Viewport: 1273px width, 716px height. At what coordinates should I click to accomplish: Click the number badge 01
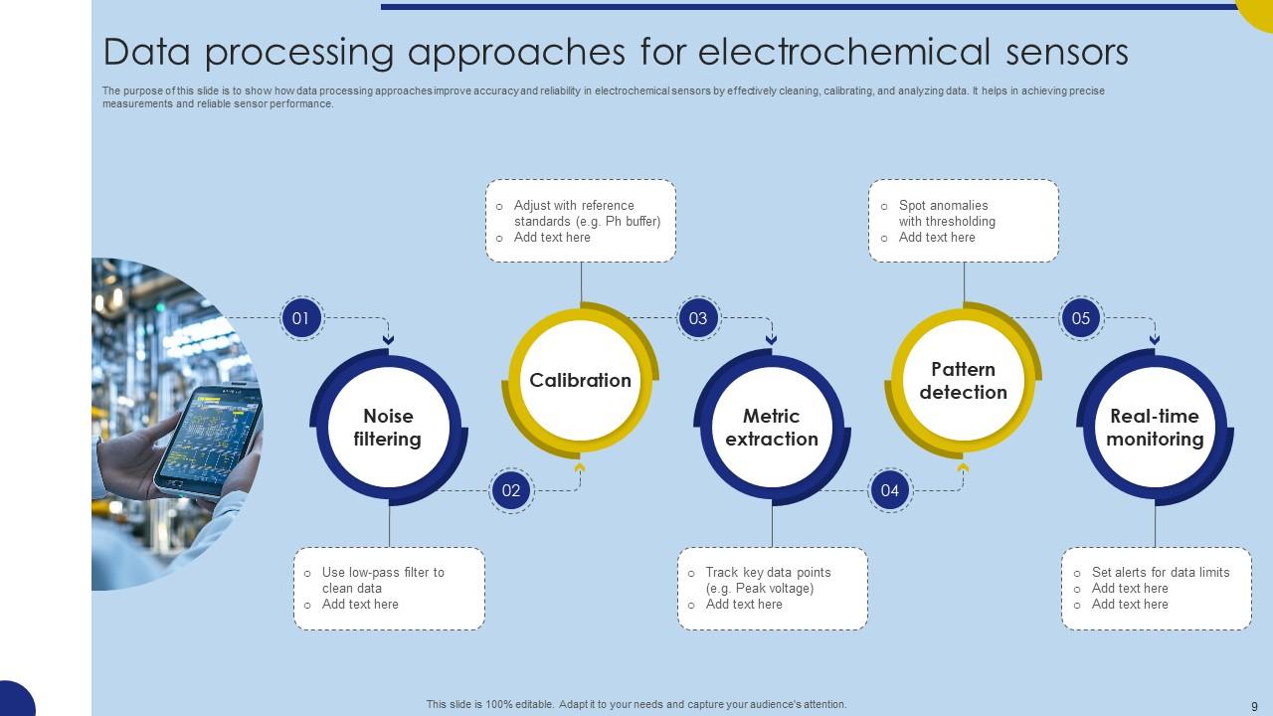click(301, 319)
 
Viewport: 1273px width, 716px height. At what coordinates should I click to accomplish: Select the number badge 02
click(511, 490)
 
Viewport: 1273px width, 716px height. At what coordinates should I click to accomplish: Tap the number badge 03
click(698, 319)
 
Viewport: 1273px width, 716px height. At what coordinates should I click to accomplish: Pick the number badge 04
click(890, 490)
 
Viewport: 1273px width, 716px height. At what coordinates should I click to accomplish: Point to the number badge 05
click(1081, 319)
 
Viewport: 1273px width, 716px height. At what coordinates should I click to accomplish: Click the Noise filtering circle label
click(388, 428)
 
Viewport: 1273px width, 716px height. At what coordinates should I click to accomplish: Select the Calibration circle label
click(580, 380)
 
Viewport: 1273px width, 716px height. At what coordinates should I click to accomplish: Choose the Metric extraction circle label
click(772, 428)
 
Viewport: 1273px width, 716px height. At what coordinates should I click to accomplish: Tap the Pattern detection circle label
click(963, 381)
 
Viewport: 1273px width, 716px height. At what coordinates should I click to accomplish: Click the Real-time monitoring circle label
click(1155, 428)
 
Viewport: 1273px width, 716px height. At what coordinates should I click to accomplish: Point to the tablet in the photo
click(209, 439)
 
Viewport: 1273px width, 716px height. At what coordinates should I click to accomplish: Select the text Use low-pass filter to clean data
click(382, 580)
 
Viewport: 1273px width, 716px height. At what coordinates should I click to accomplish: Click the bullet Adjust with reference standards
click(586, 213)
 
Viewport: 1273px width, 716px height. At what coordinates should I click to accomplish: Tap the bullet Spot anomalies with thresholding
click(946, 213)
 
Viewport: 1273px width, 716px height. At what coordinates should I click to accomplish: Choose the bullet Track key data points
click(767, 580)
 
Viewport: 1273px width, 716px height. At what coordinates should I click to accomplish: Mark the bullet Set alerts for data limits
click(1160, 572)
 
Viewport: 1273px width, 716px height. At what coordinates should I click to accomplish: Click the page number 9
click(1254, 706)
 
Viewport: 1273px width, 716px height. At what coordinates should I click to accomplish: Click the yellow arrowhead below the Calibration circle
click(580, 467)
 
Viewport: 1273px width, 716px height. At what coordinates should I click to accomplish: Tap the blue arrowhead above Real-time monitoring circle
click(1155, 340)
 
